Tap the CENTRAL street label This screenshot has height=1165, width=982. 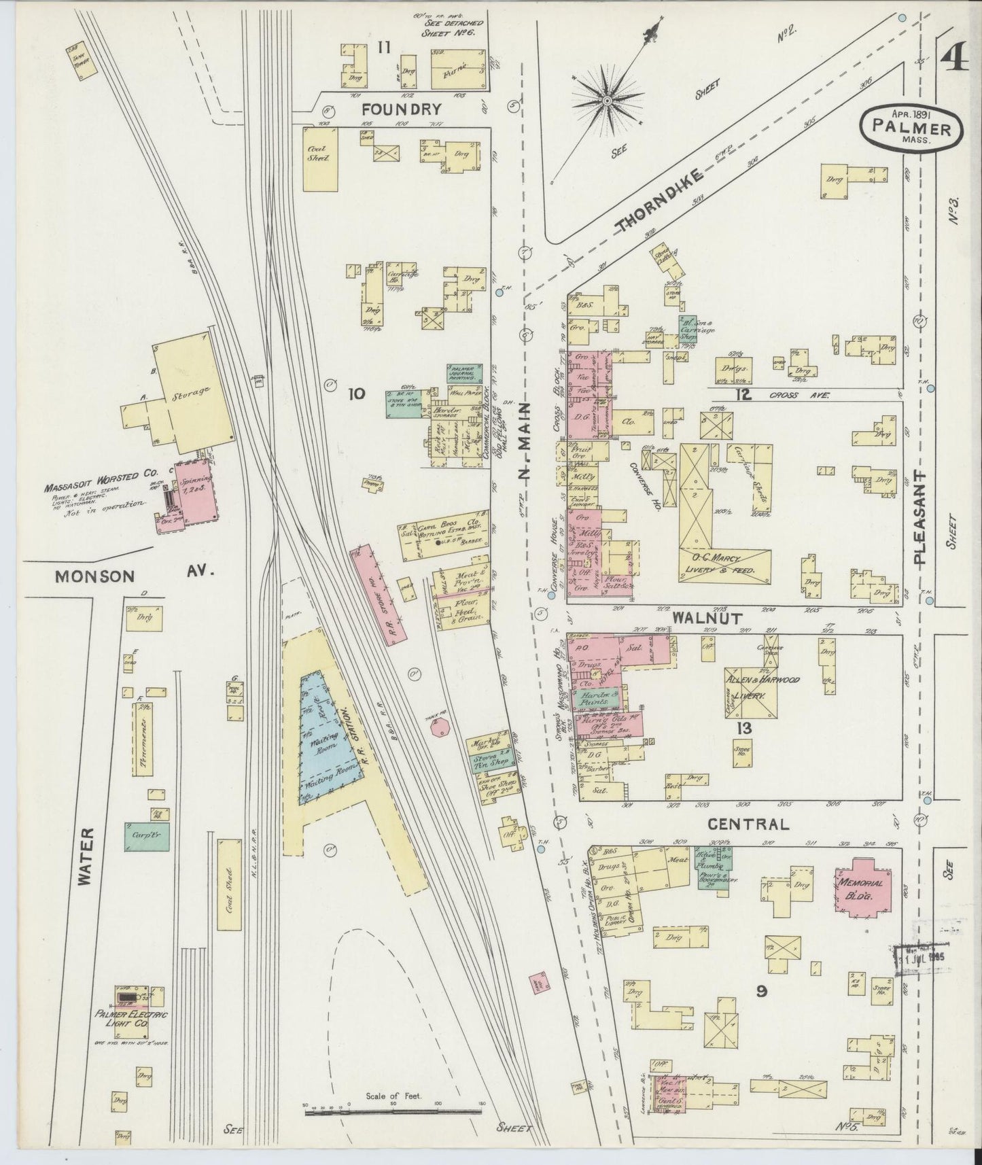tap(748, 824)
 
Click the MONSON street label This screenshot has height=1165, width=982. tap(94, 576)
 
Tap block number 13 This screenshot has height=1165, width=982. tap(745, 729)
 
